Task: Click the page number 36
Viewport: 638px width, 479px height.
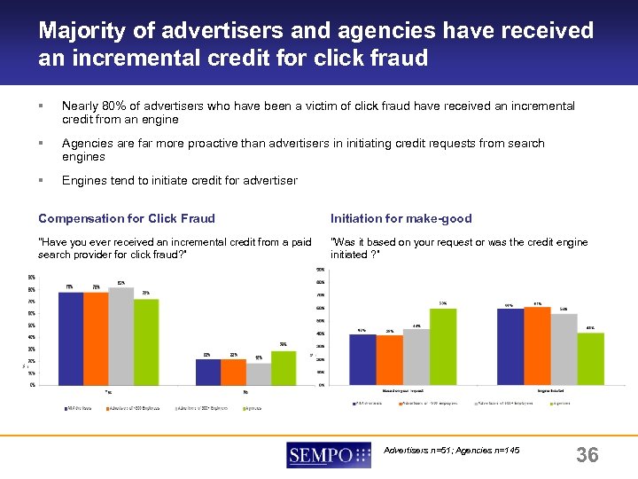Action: tap(587, 456)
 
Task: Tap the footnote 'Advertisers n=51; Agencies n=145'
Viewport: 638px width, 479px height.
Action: tap(452, 451)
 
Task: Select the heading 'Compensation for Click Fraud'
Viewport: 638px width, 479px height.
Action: tap(127, 218)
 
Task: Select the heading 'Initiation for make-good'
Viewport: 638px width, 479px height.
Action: tap(401, 218)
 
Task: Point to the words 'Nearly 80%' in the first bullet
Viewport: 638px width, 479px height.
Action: tap(92, 106)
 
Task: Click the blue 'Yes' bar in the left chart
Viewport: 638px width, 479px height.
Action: tap(71, 338)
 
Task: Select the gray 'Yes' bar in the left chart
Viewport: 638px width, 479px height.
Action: tap(121, 335)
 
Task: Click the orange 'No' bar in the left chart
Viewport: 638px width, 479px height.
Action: tap(233, 372)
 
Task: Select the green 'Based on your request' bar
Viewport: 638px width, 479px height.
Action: tap(443, 346)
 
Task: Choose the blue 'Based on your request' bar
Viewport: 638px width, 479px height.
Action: tap(362, 358)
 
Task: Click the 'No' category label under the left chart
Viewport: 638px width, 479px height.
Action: tap(245, 391)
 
